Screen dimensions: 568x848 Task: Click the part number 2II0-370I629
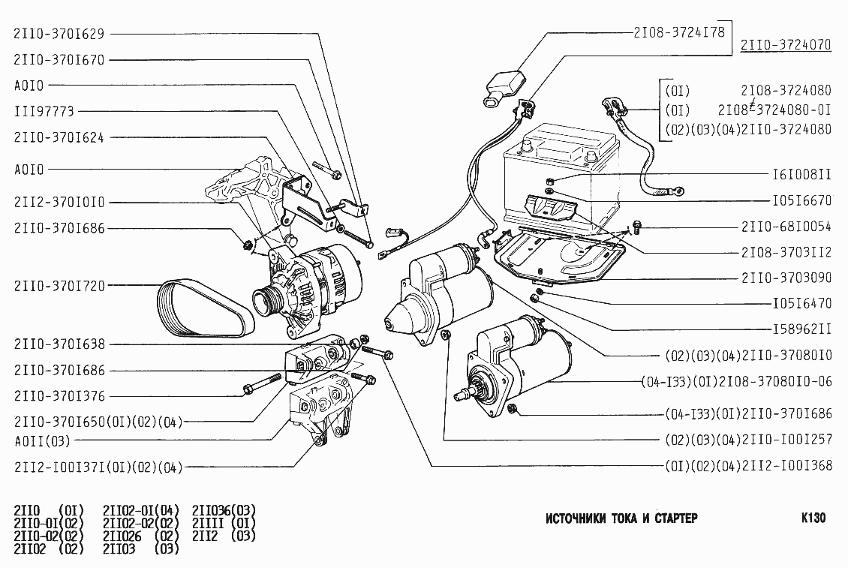click(59, 34)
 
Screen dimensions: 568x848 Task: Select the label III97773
click(44, 111)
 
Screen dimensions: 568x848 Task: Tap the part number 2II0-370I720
click(59, 285)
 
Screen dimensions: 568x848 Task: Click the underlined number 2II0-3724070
click(786, 45)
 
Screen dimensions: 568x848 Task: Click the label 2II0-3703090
click(786, 278)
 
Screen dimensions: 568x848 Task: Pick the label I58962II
click(801, 329)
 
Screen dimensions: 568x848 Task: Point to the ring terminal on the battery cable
click(675, 191)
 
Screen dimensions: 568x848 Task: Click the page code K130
click(813, 518)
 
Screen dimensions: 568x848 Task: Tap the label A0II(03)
click(42, 440)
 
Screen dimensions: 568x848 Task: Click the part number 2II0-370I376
click(59, 395)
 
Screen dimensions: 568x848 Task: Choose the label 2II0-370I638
click(59, 344)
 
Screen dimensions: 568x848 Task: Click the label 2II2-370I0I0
click(59, 203)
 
